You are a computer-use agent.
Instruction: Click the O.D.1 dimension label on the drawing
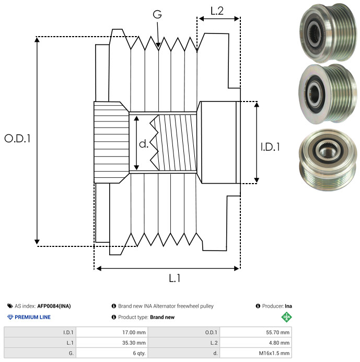[x=18, y=139]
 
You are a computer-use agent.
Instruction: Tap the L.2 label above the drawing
[x=217, y=11]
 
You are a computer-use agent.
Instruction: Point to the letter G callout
[x=157, y=14]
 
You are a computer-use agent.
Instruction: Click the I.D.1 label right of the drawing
[x=270, y=147]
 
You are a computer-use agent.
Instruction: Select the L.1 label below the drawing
[x=175, y=278]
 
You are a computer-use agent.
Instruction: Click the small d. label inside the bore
[x=144, y=144]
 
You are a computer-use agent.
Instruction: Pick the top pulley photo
[x=328, y=33]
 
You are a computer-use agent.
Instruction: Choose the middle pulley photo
[x=328, y=94]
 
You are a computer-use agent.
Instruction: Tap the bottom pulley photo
[x=328, y=160]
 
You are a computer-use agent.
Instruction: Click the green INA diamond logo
[x=286, y=317]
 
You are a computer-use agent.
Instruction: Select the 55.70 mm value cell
[x=256, y=332]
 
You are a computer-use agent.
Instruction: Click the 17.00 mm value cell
[x=112, y=332]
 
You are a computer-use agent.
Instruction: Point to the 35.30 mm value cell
[x=112, y=343]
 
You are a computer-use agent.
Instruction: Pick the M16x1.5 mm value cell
[x=256, y=353]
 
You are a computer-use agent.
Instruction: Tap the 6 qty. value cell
[x=112, y=353]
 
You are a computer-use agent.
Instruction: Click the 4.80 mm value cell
[x=256, y=343]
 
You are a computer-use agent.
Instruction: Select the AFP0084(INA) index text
[x=54, y=306]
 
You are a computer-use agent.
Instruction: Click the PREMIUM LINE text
[x=32, y=317]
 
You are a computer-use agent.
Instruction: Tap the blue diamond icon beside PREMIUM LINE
[x=10, y=317]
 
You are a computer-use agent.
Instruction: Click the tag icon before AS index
[x=10, y=306]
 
